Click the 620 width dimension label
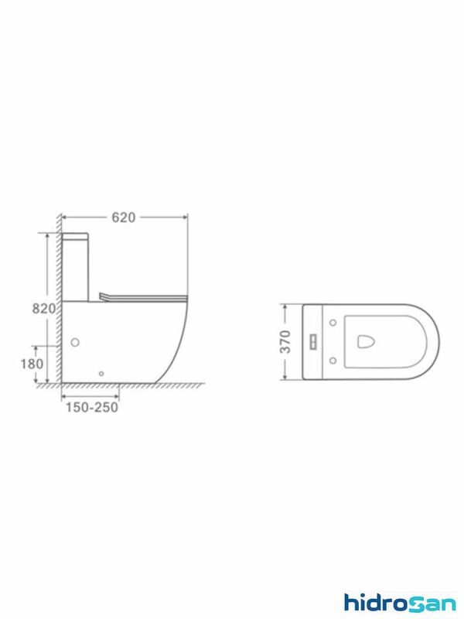[124, 217]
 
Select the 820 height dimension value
[43, 308]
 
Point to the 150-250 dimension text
[91, 407]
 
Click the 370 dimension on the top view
[285, 341]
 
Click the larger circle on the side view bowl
[76, 341]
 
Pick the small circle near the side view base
[101, 374]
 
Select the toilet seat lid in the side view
[144, 296]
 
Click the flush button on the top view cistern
[315, 341]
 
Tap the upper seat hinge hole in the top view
[333, 323]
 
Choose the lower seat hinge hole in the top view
[333, 360]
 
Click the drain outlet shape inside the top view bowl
[365, 341]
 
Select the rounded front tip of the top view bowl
[438, 341]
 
